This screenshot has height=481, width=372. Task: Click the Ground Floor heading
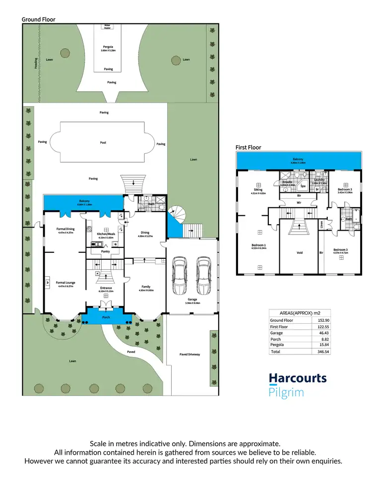pyautogui.click(x=39, y=19)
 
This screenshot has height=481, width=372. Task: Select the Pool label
pyautogui.click(x=103, y=142)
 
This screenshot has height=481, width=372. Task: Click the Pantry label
pyautogui.click(x=105, y=251)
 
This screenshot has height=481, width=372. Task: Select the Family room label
pyautogui.click(x=145, y=287)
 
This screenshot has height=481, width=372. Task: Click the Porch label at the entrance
pyautogui.click(x=106, y=317)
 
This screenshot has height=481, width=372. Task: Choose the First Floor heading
pyautogui.click(x=248, y=147)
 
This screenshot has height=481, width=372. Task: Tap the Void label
pyautogui.click(x=300, y=252)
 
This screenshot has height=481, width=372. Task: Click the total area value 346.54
pyautogui.click(x=324, y=351)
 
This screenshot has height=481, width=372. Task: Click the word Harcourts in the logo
pyautogui.click(x=298, y=379)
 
